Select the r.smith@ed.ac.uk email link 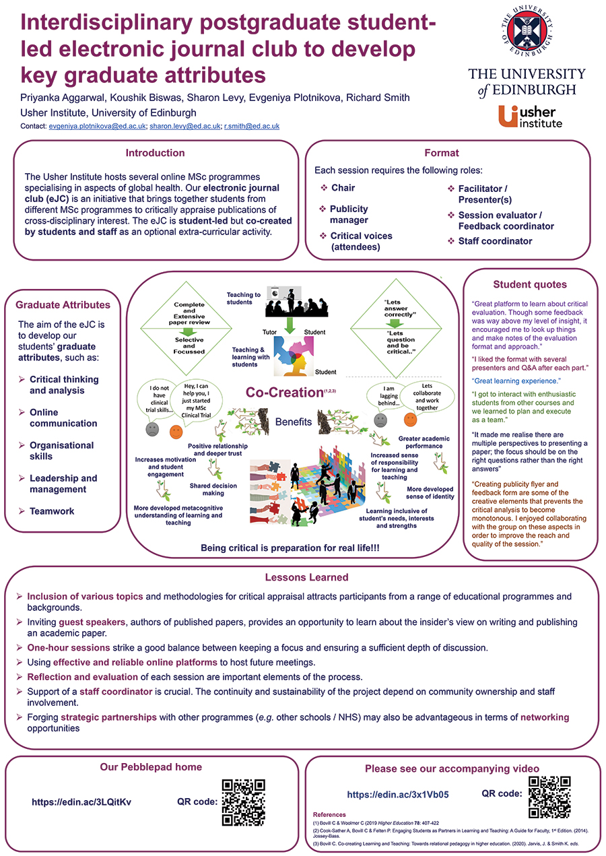pos(252,126)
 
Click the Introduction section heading pos(156,153)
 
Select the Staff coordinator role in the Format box pos(495,241)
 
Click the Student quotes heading pos(530,284)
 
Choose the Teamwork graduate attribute pos(52,511)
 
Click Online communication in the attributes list pos(63,418)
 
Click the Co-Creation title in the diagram pos(284,392)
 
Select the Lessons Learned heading pos(306,577)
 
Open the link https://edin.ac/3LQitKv pos(81,802)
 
